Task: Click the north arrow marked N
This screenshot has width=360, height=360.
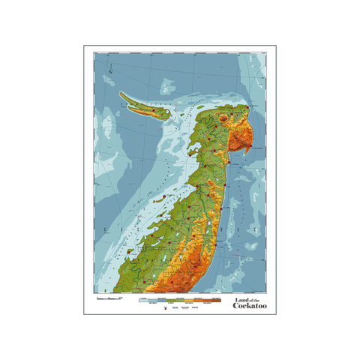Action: [x=110, y=72]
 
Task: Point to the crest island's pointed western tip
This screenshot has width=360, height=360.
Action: [x=121, y=94]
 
